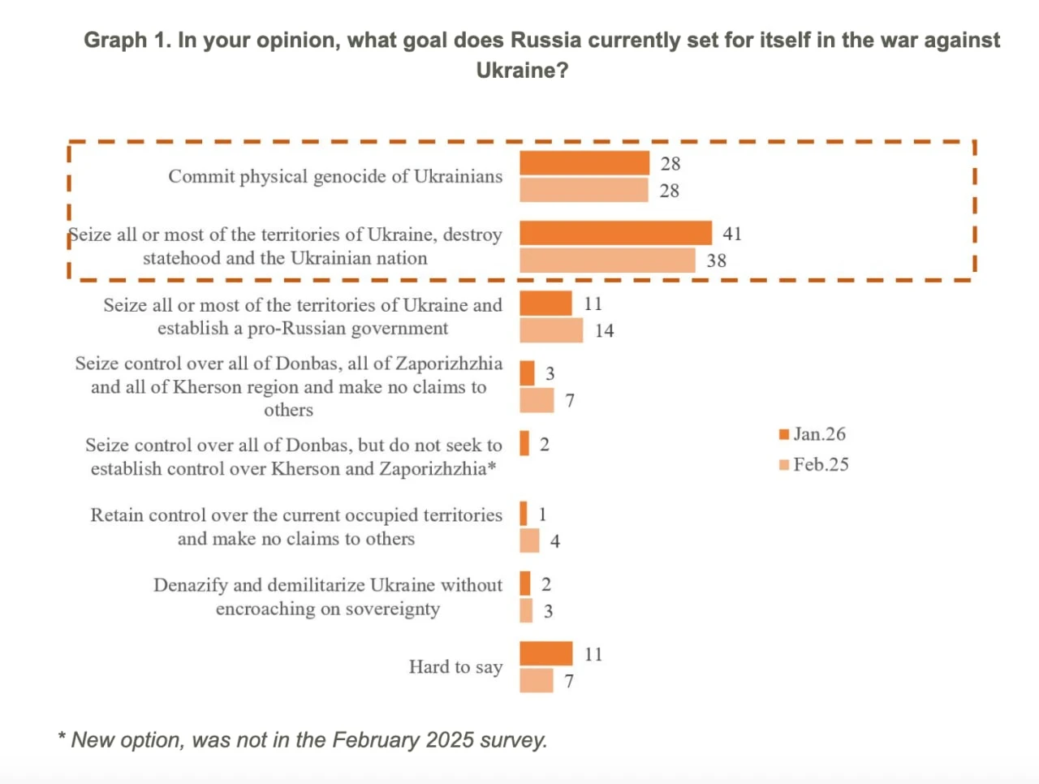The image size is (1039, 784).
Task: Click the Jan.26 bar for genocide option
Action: [x=584, y=163]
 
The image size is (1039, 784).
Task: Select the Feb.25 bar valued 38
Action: [x=607, y=261]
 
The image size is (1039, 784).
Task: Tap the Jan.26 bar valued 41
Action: [x=615, y=233]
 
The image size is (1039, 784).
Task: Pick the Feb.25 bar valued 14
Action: [x=551, y=330]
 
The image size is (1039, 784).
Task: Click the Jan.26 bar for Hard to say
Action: [x=545, y=653]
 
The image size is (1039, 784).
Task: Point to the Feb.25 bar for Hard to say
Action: [x=537, y=681]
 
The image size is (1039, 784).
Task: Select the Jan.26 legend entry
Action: [x=813, y=434]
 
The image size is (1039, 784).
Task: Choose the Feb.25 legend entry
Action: [x=814, y=465]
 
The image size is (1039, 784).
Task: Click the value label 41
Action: [x=732, y=234]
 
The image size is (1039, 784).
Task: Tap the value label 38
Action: [x=716, y=261]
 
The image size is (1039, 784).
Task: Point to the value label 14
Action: [x=604, y=331]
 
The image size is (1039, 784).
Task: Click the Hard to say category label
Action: [x=455, y=667]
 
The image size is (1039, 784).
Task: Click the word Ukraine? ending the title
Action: [x=522, y=71]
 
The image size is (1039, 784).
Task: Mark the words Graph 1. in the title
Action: [x=127, y=41]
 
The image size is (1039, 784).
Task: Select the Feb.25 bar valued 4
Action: [x=529, y=541]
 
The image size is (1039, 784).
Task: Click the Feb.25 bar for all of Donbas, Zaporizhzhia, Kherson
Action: [x=537, y=400]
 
